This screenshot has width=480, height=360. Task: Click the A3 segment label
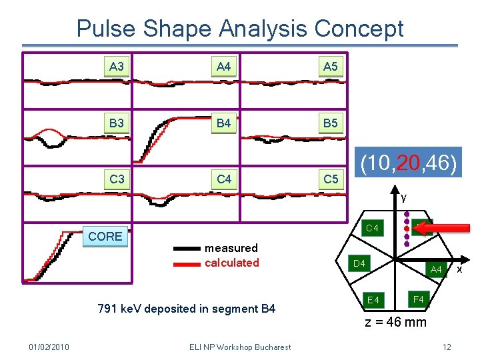click(117, 67)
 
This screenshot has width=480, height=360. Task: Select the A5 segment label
click(330, 67)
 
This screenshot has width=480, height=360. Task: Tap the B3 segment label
click(117, 123)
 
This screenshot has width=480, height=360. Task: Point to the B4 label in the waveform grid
click(224, 123)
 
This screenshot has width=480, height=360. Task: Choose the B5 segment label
click(330, 123)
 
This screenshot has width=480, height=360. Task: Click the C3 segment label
click(117, 179)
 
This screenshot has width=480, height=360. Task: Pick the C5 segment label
click(330, 179)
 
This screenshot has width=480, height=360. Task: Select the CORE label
click(105, 236)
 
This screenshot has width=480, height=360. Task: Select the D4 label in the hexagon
click(359, 264)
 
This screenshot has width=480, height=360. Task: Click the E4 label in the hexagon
click(373, 300)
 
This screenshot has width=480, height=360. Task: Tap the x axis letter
click(459, 269)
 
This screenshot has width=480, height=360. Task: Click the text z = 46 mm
click(395, 323)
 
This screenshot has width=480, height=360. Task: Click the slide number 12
click(447, 347)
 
